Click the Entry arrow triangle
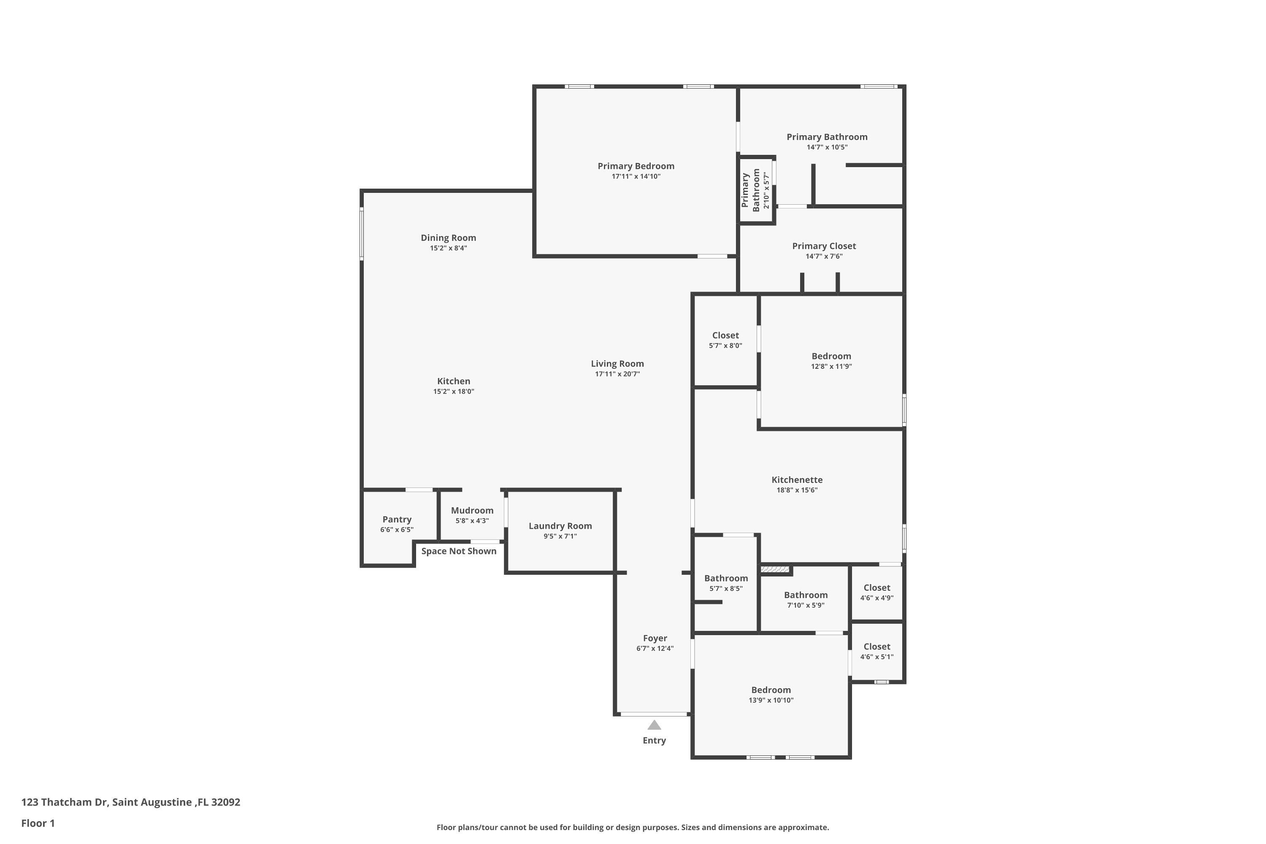[654, 725]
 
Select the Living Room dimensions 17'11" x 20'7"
[617, 374]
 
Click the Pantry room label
[397, 519]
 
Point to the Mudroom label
[472, 510]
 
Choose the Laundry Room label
[560, 526]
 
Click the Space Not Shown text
[459, 551]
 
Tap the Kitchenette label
[797, 479]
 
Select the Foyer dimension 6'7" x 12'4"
[655, 649]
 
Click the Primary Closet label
[824, 246]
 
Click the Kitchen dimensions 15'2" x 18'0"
[454, 391]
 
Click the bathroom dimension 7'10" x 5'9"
[806, 605]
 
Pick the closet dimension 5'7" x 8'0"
[725, 346]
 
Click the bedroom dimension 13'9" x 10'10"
[771, 700]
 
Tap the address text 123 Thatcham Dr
[65, 802]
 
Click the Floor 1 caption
[38, 823]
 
